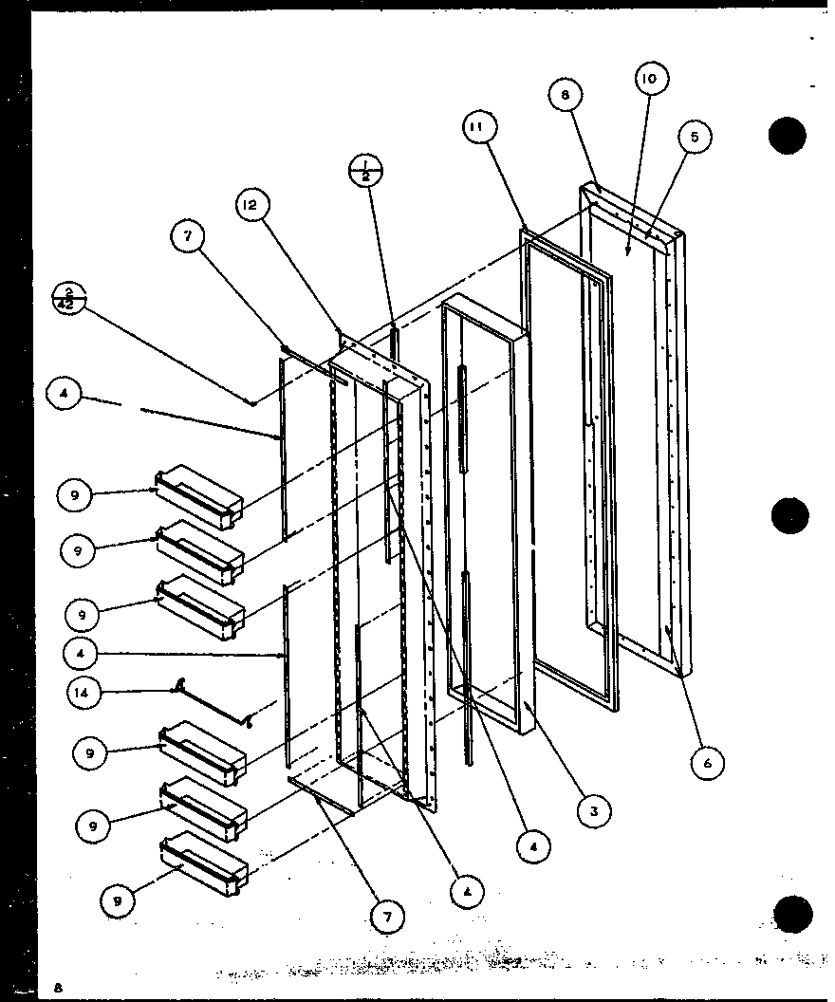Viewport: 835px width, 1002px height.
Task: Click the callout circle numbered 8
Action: click(565, 95)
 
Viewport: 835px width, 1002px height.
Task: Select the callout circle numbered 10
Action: click(650, 80)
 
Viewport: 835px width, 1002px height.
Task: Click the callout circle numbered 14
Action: click(83, 693)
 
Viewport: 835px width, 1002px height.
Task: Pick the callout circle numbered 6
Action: click(708, 761)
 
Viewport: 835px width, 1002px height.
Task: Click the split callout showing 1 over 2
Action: click(364, 169)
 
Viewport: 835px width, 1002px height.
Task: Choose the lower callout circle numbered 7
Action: click(389, 916)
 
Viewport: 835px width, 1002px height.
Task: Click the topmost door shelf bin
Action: click(200, 497)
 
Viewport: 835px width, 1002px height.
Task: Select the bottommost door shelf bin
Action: click(205, 862)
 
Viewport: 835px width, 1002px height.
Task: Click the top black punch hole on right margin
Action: click(788, 138)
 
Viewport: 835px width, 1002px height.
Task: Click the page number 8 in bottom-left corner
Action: click(58, 988)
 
